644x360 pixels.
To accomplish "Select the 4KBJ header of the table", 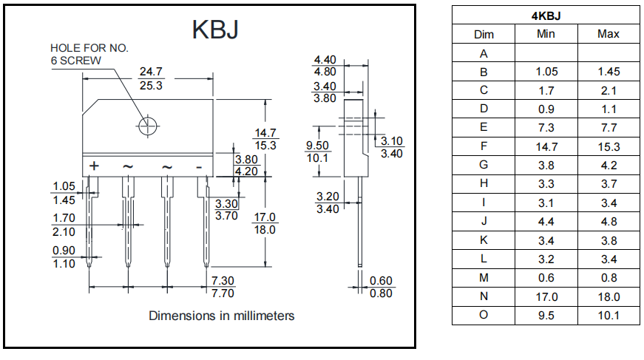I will (x=546, y=16).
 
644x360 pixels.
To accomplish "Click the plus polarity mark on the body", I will (x=94, y=166).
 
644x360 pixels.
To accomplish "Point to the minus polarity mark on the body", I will (x=199, y=166).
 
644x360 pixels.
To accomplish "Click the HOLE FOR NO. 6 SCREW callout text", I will (x=89, y=54).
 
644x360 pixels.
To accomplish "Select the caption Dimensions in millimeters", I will (x=221, y=316).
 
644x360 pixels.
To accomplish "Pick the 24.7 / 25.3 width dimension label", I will (x=151, y=78).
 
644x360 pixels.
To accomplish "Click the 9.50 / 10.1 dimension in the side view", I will (x=317, y=152).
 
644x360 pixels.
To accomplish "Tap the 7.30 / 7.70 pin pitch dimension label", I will (x=223, y=287).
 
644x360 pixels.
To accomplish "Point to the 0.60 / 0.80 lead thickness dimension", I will (x=382, y=287).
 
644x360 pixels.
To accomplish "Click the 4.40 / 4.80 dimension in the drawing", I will (x=325, y=66).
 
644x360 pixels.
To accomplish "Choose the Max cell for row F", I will (x=609, y=146).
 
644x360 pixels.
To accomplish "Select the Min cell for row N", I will (x=546, y=297).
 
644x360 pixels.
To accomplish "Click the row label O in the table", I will (x=484, y=316).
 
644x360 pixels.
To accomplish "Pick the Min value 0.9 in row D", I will (x=546, y=109).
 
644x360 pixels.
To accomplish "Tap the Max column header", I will (x=609, y=34).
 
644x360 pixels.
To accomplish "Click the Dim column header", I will (x=484, y=34).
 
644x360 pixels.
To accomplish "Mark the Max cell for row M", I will (x=609, y=278).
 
